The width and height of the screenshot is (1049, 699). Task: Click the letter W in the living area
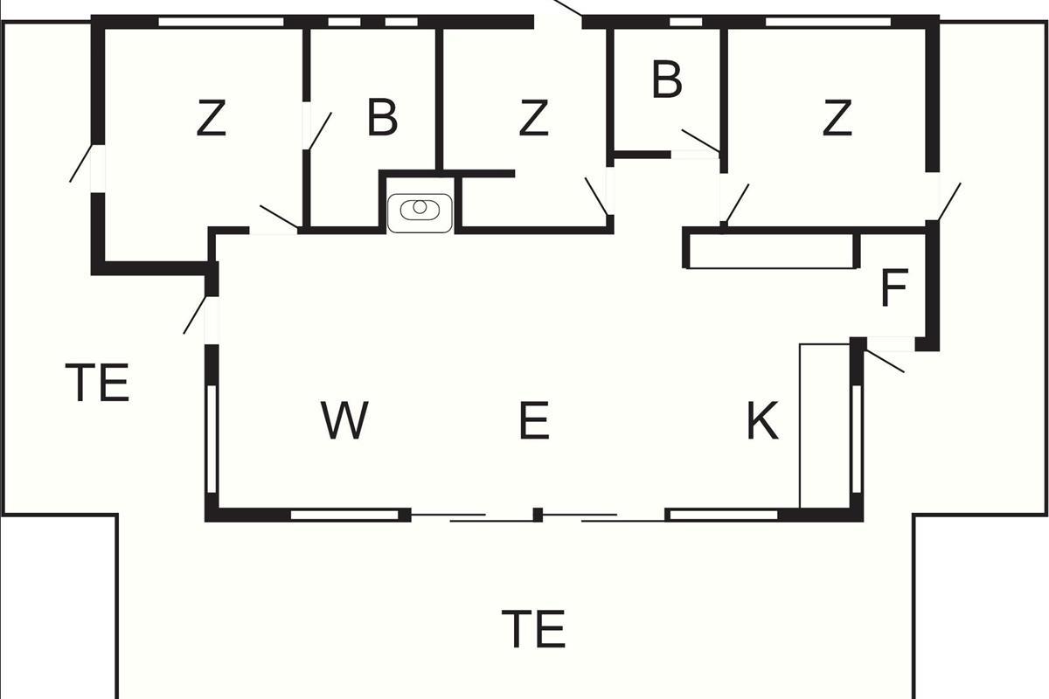(344, 420)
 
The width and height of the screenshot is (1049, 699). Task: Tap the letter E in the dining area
(533, 420)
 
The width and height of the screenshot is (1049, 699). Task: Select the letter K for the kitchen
(761, 421)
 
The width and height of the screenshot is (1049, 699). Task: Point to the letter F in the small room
(893, 289)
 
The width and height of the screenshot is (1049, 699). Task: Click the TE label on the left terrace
(98, 383)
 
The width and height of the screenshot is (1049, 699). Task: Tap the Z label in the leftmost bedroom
(211, 118)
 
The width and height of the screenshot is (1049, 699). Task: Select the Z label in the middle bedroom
(532, 118)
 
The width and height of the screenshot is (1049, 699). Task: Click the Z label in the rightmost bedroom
(837, 118)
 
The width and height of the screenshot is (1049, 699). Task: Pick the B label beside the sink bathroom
(382, 118)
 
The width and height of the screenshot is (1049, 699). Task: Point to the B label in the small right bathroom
(666, 80)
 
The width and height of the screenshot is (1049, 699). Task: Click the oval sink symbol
(420, 210)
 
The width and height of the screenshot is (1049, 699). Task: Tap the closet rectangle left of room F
(771, 249)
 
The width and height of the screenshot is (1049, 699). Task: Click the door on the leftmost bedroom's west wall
(83, 163)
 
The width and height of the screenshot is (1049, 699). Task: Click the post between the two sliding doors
(538, 515)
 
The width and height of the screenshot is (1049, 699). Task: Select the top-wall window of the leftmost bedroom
(222, 22)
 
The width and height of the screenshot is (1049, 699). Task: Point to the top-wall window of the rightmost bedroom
(828, 22)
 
